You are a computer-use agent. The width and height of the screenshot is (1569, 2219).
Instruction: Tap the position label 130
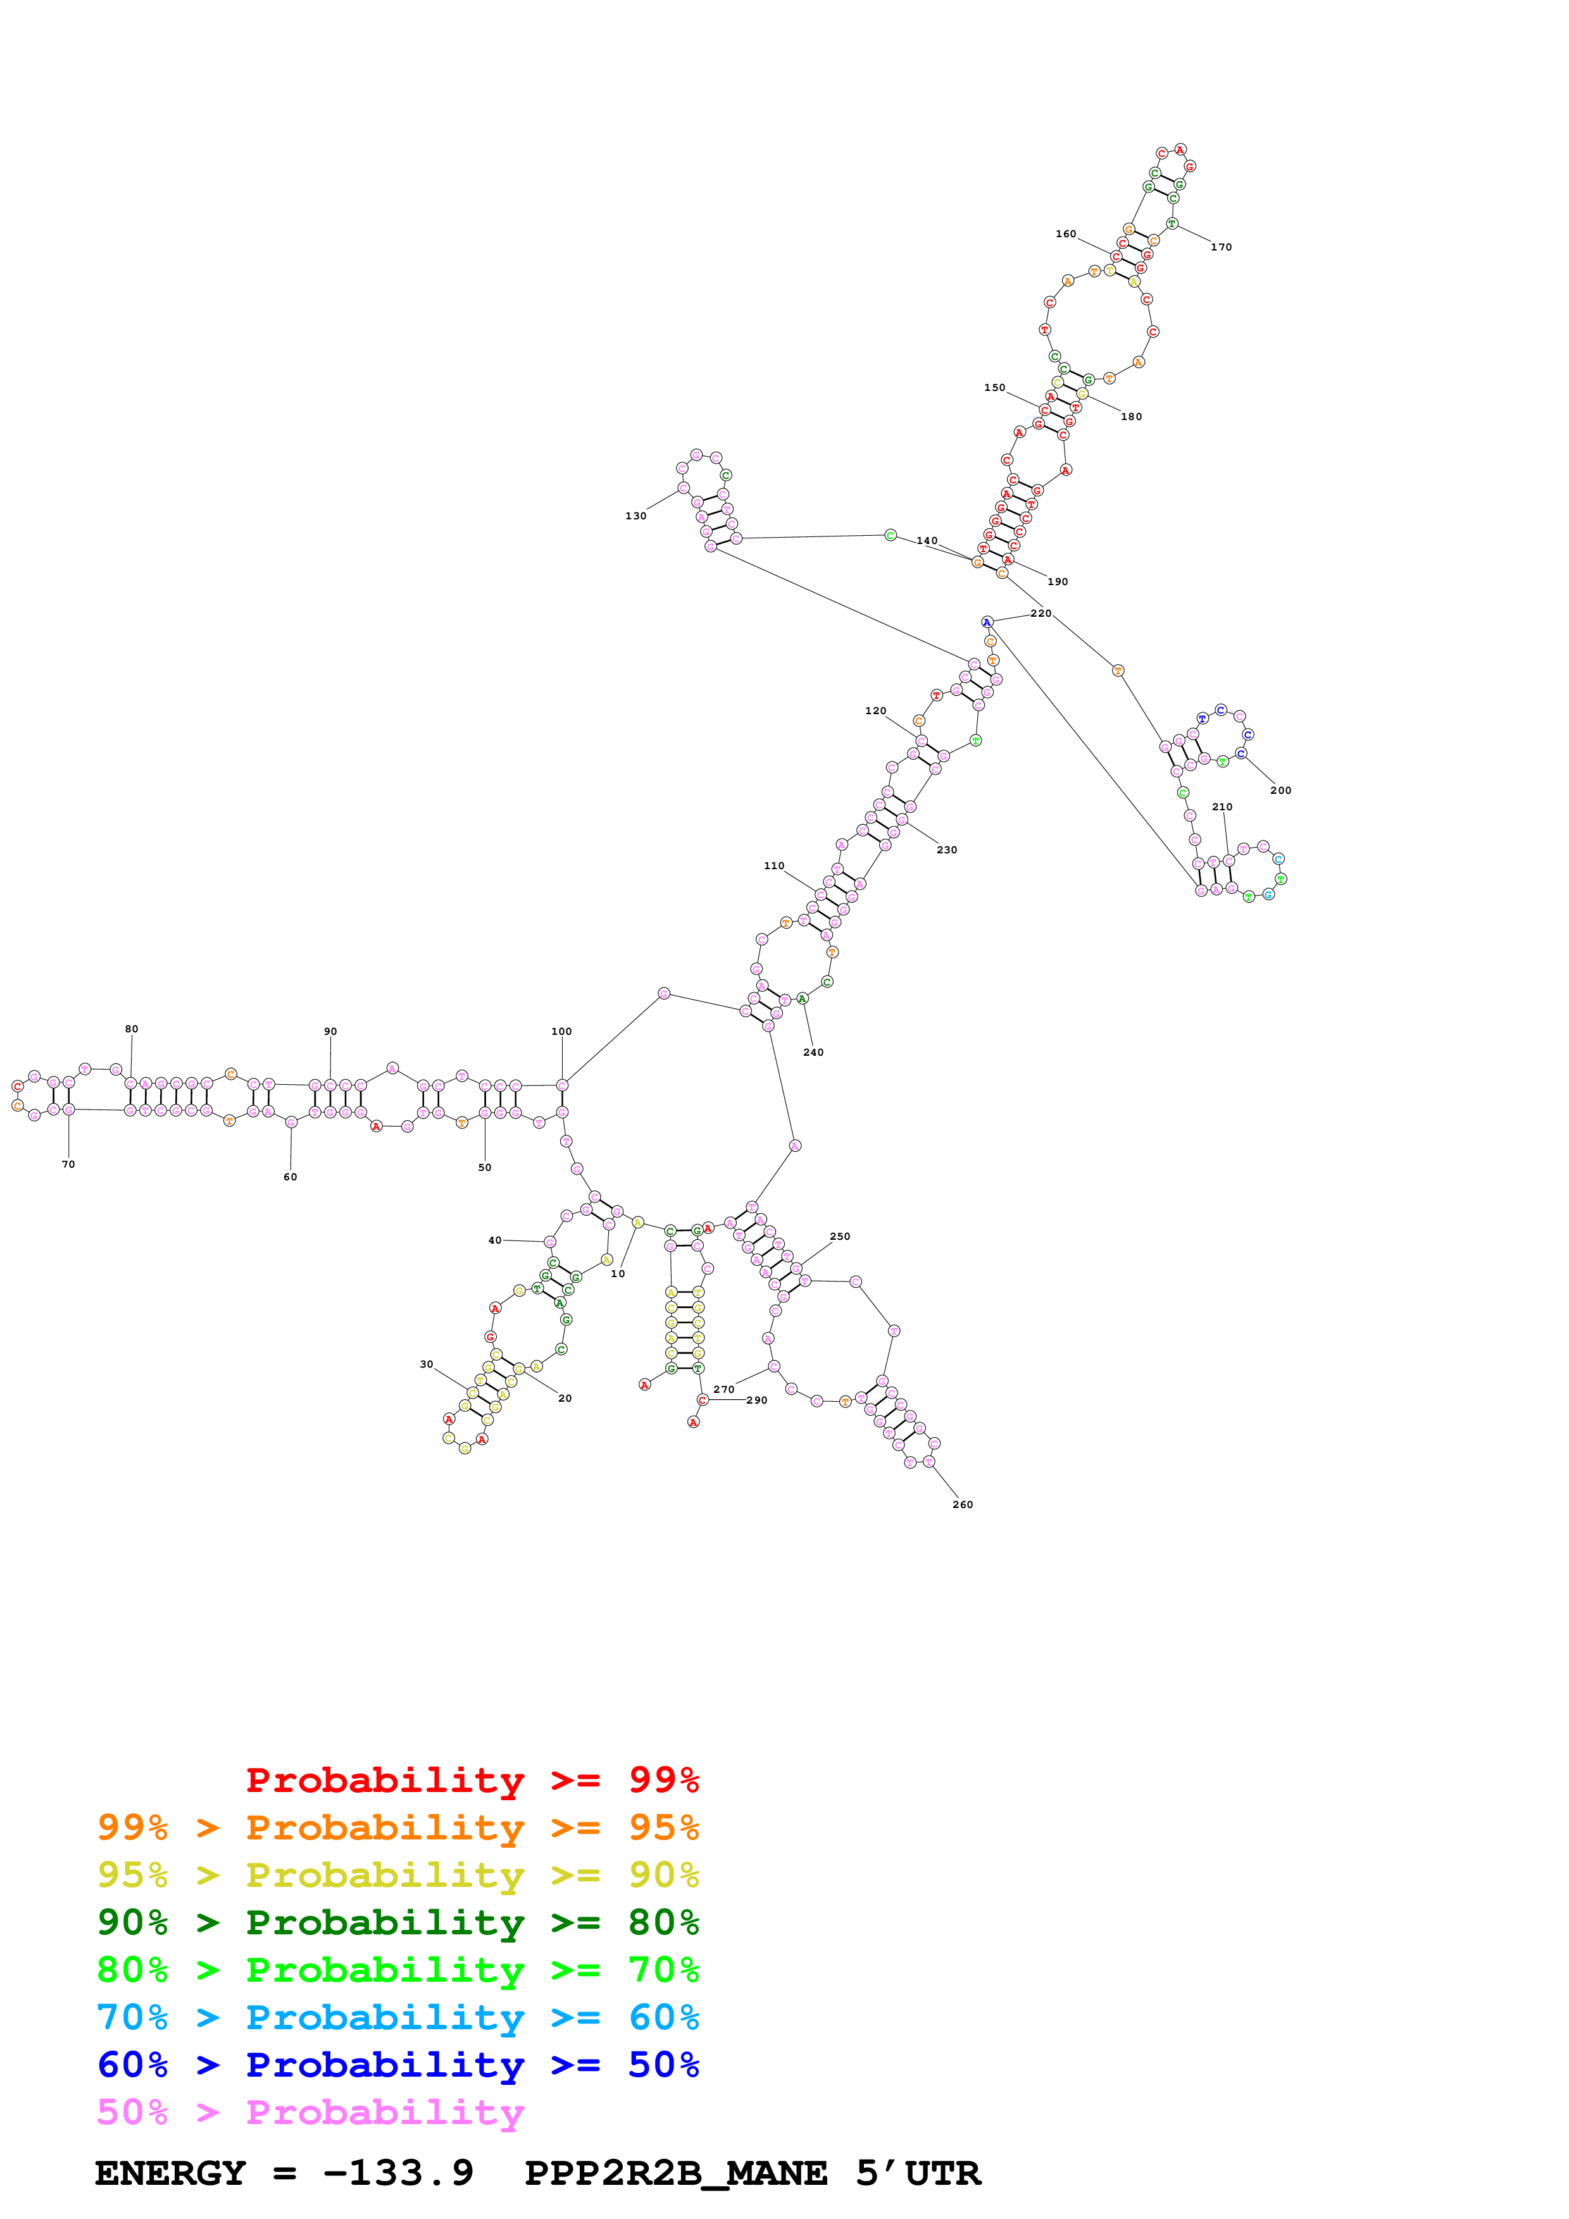coord(635,516)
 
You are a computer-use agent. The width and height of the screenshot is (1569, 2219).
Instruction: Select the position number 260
coord(963,1505)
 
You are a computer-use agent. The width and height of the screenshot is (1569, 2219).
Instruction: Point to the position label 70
coord(68,1165)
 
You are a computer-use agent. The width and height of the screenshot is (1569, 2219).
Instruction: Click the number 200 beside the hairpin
coord(1281,791)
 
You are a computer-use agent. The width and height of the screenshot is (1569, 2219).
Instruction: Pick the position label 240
coord(814,1053)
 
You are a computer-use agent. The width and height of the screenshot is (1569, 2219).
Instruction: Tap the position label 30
coord(427,1364)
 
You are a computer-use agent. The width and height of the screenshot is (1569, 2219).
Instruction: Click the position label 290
coord(757,1400)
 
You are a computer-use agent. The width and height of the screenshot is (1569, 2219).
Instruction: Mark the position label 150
coord(995,388)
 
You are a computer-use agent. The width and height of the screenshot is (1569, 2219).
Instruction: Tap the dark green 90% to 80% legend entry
coord(398,1922)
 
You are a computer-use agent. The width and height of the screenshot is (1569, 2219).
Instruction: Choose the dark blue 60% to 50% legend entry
coord(398,2065)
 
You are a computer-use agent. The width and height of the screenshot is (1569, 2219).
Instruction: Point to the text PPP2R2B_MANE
coord(676,2173)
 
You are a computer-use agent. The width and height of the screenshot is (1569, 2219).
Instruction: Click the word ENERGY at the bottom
coord(170,2173)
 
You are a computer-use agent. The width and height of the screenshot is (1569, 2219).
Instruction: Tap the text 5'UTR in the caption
coord(918,2173)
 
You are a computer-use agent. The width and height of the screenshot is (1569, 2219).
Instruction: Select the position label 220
coord(1041,614)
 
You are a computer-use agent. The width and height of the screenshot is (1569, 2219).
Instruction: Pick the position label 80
coord(132,1029)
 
